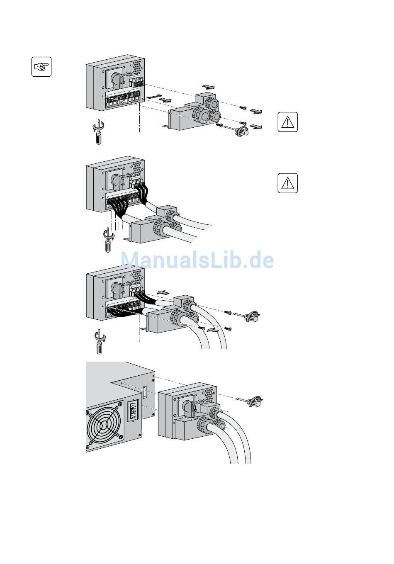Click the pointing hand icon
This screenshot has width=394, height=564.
coord(41,67)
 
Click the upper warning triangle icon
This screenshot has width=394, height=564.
coord(287,122)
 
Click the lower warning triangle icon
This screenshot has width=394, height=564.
coord(287,183)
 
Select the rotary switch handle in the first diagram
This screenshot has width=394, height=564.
coord(117,79)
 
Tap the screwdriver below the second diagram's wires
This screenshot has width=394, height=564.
coord(108,239)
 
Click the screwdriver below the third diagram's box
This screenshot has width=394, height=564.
coord(100,341)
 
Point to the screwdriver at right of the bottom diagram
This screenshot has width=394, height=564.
coord(250,401)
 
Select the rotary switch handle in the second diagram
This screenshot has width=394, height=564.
coord(117,182)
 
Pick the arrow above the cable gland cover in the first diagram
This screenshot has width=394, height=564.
coord(209,87)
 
